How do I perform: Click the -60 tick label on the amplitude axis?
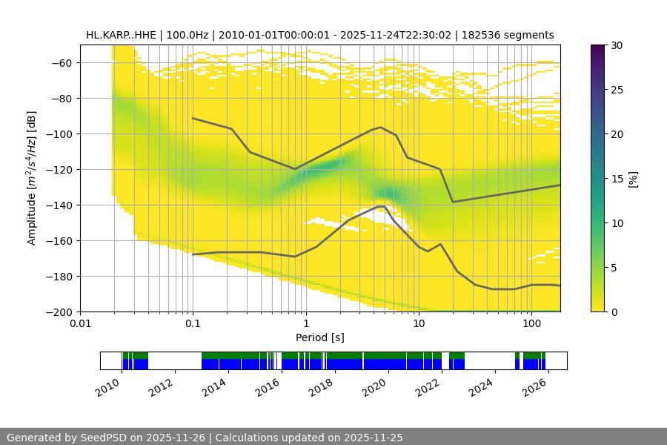60,63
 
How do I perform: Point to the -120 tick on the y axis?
60,170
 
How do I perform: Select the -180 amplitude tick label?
60,277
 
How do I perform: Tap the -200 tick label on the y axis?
60,312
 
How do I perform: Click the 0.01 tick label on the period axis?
80,324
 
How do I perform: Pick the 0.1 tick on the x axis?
193,324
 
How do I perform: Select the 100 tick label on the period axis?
531,324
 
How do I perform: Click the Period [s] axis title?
320,337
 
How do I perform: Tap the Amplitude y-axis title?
32,179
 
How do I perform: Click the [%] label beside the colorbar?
633,179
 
